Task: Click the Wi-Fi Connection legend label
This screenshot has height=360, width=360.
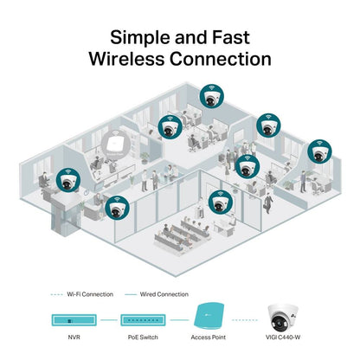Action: [x=89, y=294]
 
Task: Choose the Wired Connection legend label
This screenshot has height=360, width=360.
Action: [x=164, y=294]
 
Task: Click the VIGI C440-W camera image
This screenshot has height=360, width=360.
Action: [x=285, y=318]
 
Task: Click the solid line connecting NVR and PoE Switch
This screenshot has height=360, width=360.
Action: [x=106, y=319]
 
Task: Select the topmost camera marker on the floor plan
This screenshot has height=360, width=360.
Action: [x=208, y=94]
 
